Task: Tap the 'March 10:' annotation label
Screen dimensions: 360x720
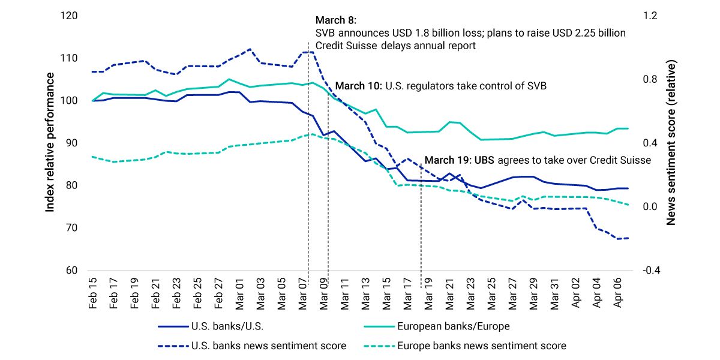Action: click(x=358, y=86)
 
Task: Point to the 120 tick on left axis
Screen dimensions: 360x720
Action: click(x=70, y=16)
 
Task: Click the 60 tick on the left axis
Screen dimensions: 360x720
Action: click(x=73, y=271)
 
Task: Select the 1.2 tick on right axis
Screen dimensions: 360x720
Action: click(x=649, y=16)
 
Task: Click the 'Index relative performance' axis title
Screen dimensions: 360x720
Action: click(x=51, y=142)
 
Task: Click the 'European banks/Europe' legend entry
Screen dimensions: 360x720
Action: click(x=445, y=327)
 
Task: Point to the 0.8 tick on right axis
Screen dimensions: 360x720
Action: click(x=649, y=79)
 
